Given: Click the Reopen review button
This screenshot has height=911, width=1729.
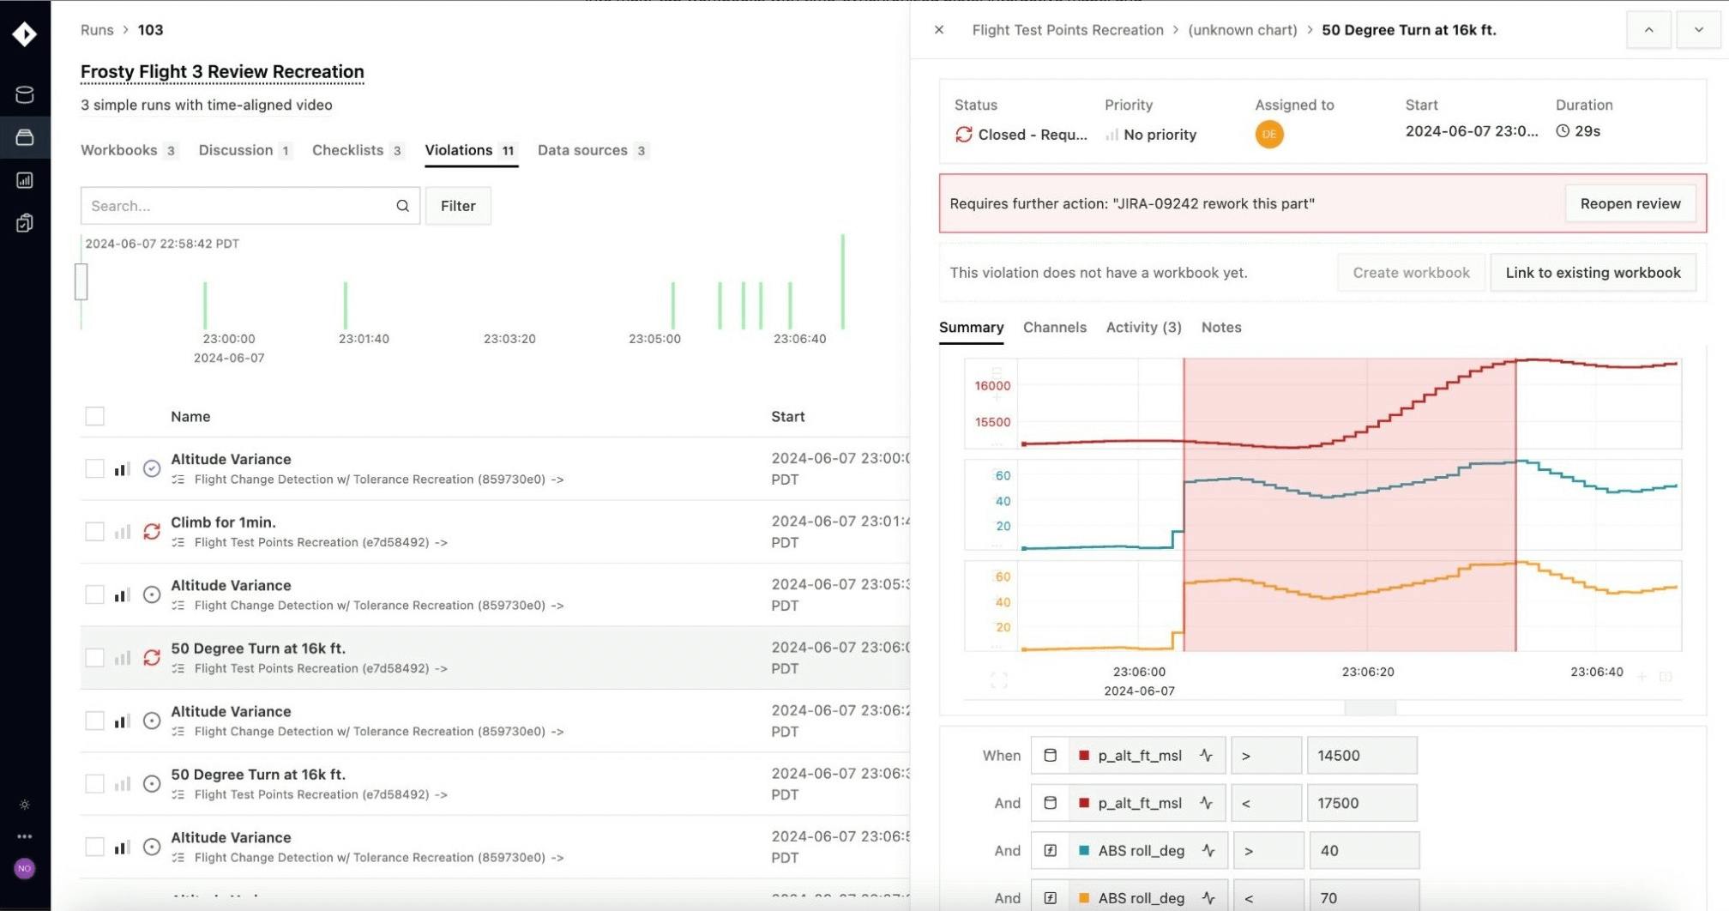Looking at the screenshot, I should pyautogui.click(x=1630, y=203).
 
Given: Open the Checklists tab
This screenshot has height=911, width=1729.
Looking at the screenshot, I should pyautogui.click(x=347, y=150).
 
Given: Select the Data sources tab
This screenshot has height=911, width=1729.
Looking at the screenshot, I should pyautogui.click(x=582, y=150).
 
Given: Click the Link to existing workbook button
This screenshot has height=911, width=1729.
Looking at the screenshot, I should pyautogui.click(x=1593, y=273).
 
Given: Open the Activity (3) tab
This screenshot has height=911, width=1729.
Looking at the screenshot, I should pyautogui.click(x=1143, y=327).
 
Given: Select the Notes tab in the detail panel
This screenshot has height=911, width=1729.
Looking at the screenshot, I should pyautogui.click(x=1220, y=327).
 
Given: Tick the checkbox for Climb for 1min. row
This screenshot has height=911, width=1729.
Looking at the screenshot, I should pyautogui.click(x=94, y=532).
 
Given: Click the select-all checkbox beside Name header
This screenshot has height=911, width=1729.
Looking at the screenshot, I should pyautogui.click(x=94, y=416).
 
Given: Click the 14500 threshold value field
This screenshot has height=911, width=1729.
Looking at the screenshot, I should pyautogui.click(x=1361, y=756).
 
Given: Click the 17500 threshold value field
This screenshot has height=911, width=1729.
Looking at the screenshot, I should pyautogui.click(x=1361, y=803).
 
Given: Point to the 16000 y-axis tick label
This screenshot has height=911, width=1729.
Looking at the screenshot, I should pyautogui.click(x=992, y=386).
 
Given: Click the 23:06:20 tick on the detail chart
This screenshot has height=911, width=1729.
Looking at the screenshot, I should pyautogui.click(x=1367, y=672).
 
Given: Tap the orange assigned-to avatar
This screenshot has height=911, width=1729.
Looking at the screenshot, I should pyautogui.click(x=1269, y=135).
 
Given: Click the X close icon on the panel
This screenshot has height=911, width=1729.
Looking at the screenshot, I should pyautogui.click(x=939, y=30).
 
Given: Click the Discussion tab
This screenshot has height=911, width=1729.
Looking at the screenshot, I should pyautogui.click(x=236, y=150).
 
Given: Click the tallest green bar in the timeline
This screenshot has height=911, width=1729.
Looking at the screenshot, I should pyautogui.click(x=842, y=281).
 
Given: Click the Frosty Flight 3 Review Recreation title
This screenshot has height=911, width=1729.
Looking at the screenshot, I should pyautogui.click(x=222, y=72).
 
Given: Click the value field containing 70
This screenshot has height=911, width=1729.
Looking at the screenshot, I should pyautogui.click(x=1363, y=898).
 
